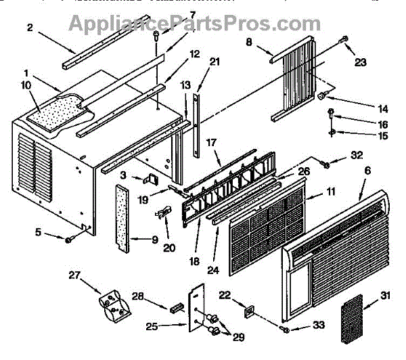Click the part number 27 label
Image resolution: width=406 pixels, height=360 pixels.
pos(74,275)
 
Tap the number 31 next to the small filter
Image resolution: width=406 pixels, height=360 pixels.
pos(385,295)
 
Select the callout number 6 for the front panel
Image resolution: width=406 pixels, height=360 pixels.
pos(367,171)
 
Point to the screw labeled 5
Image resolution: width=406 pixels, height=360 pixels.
pos(69,240)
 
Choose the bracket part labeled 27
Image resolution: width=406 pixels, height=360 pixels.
pos(115,307)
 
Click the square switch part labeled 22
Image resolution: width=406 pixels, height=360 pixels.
pos(249,311)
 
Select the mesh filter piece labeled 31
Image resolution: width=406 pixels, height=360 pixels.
pos(351,319)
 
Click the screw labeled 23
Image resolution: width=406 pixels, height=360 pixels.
pos(344,40)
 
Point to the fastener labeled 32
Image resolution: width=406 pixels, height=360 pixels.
pos(325,164)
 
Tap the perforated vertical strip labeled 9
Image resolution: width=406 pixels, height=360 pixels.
pos(122,219)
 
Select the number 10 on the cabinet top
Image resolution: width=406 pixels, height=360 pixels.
pos(26,85)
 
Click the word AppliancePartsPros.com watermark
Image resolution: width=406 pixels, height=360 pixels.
pos(195,24)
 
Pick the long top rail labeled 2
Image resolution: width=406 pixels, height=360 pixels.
pos(106,42)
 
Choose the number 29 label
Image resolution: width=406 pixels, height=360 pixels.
pos(238,337)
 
